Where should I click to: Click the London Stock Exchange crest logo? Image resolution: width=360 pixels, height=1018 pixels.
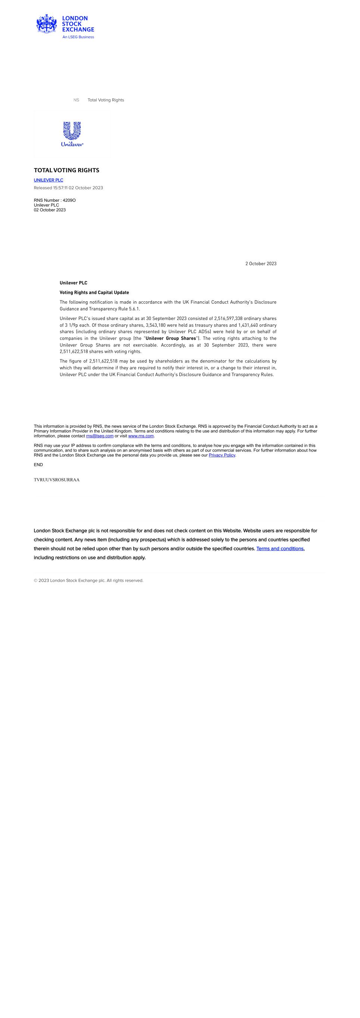pos(47,24)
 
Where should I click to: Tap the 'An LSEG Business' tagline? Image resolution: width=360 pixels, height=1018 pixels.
pos(78,37)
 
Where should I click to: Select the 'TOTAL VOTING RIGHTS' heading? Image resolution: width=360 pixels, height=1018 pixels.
pos(66,170)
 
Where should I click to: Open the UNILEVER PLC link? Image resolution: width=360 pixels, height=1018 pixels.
pos(48,180)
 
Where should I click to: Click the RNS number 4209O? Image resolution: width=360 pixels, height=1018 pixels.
pos(69,200)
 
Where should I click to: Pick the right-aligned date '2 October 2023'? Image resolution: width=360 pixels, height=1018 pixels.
pos(260,264)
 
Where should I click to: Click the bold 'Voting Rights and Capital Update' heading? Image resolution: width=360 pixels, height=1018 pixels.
pos(94,292)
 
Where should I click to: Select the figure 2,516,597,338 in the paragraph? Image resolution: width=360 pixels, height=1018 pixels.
pos(228,318)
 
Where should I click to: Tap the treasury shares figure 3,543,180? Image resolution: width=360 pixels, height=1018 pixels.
pos(156,325)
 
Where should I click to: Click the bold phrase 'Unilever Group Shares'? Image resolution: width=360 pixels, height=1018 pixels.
pos(171,338)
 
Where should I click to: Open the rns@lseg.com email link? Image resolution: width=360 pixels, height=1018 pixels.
pos(100,436)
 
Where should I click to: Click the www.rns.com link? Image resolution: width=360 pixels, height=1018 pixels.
pos(141,436)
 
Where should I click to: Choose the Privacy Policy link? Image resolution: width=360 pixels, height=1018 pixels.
pos(222,455)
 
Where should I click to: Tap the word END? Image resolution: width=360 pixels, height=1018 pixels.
pos(38,465)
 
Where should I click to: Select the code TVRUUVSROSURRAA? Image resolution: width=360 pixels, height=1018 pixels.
pos(56,480)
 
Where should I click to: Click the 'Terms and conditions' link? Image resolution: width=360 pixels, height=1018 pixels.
pos(280,549)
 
